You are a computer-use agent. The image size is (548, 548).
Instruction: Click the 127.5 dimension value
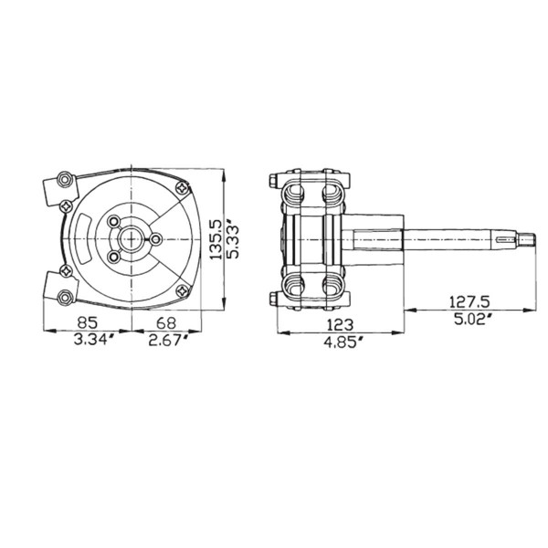[472, 300]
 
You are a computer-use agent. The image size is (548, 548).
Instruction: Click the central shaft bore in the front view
[132, 238]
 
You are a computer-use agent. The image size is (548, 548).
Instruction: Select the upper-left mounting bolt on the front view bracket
[62, 179]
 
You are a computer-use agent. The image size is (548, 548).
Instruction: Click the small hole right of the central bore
[155, 239]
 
